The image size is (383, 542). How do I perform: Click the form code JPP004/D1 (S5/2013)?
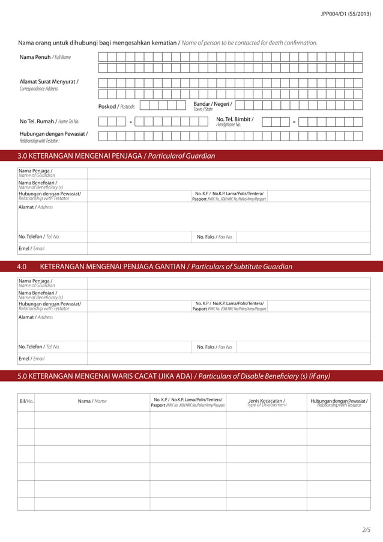(x=346, y=13)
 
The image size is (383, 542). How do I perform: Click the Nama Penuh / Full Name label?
(x=45, y=57)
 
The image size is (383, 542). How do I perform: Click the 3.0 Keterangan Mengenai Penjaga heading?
(x=116, y=156)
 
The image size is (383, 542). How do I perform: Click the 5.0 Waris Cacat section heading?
(x=174, y=377)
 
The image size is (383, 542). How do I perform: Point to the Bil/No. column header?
(x=26, y=401)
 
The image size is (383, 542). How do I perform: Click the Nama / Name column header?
(x=92, y=401)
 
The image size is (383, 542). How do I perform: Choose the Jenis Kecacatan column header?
(x=267, y=402)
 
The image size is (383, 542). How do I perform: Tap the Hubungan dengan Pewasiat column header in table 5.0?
(x=339, y=402)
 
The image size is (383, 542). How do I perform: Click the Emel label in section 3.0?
(x=31, y=248)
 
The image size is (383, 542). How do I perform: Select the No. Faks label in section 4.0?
(x=214, y=347)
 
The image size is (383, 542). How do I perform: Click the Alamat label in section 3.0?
(x=35, y=207)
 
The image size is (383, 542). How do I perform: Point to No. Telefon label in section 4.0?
(x=39, y=347)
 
